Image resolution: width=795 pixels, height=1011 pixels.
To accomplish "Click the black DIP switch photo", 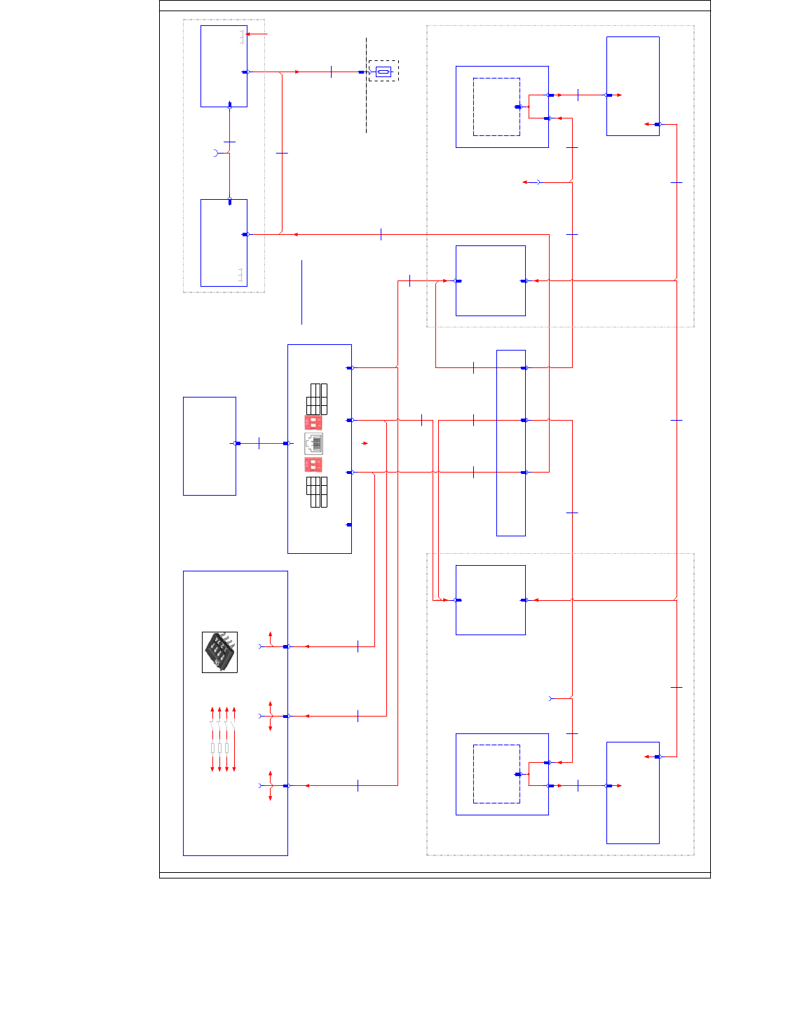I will point(219,652).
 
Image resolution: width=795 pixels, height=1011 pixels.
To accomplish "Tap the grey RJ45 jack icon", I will point(313,443).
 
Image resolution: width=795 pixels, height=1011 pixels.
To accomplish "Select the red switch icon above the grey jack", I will point(313,422).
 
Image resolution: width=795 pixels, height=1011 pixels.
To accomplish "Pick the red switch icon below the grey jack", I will point(313,465).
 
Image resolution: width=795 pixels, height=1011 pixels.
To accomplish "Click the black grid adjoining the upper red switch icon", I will point(317,399).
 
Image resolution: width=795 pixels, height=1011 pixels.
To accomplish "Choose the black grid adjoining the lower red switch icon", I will point(317,491).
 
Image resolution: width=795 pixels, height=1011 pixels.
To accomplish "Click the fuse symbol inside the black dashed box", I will point(383,72).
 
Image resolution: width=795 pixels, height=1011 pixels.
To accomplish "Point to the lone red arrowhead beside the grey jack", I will point(365,443).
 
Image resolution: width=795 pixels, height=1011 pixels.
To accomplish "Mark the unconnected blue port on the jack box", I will point(349,524).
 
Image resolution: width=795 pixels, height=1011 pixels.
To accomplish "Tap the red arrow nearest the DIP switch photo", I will point(271,635).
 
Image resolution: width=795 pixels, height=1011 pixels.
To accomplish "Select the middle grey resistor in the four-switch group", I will point(219,748).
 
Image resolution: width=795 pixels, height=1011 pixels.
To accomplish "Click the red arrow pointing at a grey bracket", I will point(257,34).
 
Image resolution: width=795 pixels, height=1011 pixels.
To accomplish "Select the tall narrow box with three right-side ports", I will point(511,443).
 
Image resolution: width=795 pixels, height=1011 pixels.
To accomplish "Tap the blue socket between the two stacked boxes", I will point(216,152).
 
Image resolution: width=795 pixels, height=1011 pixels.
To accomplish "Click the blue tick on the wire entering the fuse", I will point(331,72).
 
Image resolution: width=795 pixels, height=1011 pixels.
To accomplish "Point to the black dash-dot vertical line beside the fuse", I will point(366,105).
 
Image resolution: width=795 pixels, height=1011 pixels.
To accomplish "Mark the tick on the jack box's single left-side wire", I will point(259,443).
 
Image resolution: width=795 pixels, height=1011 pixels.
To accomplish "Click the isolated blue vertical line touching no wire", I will point(302,292).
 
